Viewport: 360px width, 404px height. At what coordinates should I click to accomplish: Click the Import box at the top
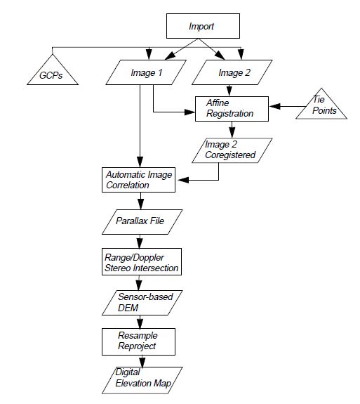point(203,26)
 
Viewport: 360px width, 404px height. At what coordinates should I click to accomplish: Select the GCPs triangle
point(53,72)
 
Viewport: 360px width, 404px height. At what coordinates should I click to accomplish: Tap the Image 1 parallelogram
point(146,72)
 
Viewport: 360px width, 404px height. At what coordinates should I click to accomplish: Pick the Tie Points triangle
point(321,106)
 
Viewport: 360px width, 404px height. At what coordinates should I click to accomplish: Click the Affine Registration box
point(232,109)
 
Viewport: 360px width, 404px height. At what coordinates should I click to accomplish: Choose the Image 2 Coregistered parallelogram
point(232,150)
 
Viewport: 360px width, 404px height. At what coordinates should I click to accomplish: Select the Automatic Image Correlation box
point(138,180)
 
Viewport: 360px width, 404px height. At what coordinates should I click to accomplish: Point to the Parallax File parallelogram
point(142,222)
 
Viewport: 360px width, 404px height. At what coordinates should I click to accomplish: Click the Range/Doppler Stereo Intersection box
point(142,262)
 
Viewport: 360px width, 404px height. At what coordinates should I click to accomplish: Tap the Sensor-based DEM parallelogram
point(142,303)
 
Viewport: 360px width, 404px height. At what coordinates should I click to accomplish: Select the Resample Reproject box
point(138,341)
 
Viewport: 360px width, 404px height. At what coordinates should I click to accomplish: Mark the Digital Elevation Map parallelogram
point(142,380)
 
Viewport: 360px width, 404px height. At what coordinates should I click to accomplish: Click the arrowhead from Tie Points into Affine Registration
point(274,106)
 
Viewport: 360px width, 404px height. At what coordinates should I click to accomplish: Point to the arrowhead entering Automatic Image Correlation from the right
point(183,180)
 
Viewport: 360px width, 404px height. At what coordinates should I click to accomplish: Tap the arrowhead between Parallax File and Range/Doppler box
point(140,243)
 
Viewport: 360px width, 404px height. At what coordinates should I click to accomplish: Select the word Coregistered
point(230,155)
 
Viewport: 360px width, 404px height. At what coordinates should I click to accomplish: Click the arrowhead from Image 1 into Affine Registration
point(189,112)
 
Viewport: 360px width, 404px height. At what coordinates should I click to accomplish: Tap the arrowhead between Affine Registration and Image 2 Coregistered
point(232,133)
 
